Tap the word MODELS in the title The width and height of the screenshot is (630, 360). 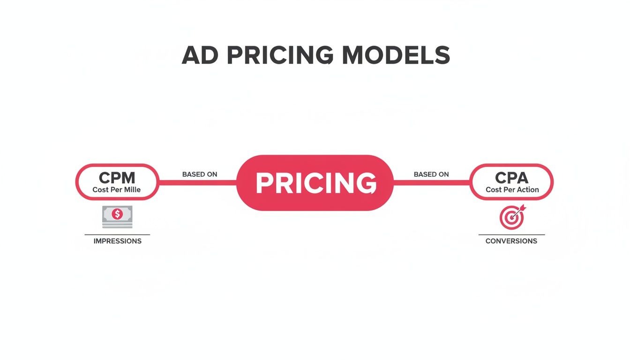(x=396, y=56)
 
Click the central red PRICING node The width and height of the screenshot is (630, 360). (x=315, y=182)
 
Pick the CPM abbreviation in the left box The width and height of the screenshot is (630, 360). (x=117, y=178)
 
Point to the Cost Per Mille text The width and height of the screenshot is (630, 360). (x=117, y=190)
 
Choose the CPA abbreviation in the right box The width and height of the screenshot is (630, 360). (x=511, y=178)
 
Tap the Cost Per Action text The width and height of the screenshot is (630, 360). (x=512, y=190)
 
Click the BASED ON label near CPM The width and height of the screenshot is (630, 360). (x=200, y=174)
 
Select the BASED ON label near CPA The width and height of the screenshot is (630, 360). (x=431, y=174)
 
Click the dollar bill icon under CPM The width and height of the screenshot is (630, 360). (x=117, y=216)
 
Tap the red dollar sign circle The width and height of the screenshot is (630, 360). (x=117, y=214)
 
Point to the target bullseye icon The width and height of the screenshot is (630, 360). (x=510, y=218)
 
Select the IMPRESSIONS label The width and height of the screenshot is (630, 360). (x=117, y=241)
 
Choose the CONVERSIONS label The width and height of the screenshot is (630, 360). (x=511, y=241)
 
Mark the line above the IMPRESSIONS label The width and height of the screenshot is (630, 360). (x=117, y=234)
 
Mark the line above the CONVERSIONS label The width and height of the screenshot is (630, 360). (x=511, y=234)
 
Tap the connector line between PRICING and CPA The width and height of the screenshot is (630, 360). (x=431, y=183)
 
